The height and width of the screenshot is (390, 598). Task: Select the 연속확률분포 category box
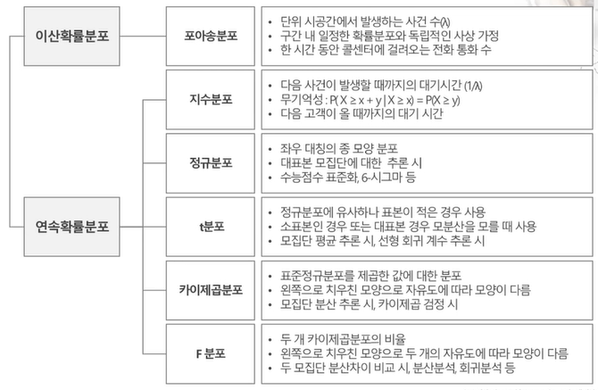tap(72, 225)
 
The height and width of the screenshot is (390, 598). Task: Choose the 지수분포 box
tap(211, 100)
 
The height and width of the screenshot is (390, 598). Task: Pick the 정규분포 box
tap(211, 162)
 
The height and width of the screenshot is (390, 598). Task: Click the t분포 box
tap(211, 225)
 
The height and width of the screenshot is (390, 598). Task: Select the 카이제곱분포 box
tap(211, 288)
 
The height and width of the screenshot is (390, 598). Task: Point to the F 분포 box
tap(211, 352)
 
